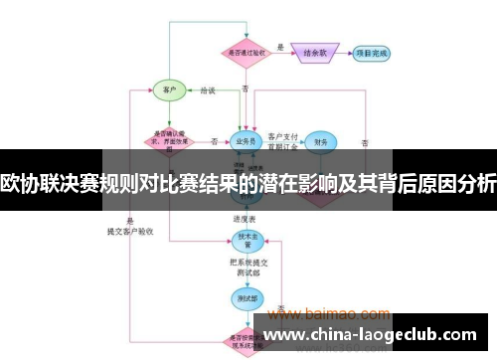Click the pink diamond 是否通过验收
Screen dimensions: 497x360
point(246,52)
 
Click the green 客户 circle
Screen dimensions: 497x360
point(168,90)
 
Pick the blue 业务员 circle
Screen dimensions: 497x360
point(246,141)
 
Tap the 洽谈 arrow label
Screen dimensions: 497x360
point(208,90)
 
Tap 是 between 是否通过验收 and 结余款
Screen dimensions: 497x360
point(281,47)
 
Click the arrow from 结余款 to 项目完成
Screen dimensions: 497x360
point(345,52)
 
